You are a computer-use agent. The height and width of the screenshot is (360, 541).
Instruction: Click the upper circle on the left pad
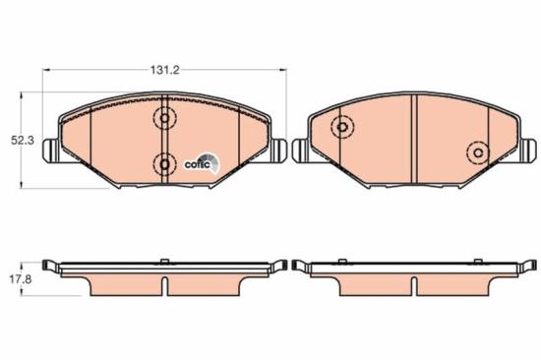164,119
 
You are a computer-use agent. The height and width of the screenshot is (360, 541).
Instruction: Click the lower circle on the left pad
164,162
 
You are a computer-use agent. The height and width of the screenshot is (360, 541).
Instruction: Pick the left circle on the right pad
342,127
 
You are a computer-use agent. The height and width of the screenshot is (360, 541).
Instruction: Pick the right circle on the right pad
478,152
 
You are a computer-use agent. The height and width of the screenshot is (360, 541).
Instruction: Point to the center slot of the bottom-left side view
165,284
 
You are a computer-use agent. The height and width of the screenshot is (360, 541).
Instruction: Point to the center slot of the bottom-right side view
413,284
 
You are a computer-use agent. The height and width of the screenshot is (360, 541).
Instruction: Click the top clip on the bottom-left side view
165,262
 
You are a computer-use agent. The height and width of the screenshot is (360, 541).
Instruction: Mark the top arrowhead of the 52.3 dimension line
25,96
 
